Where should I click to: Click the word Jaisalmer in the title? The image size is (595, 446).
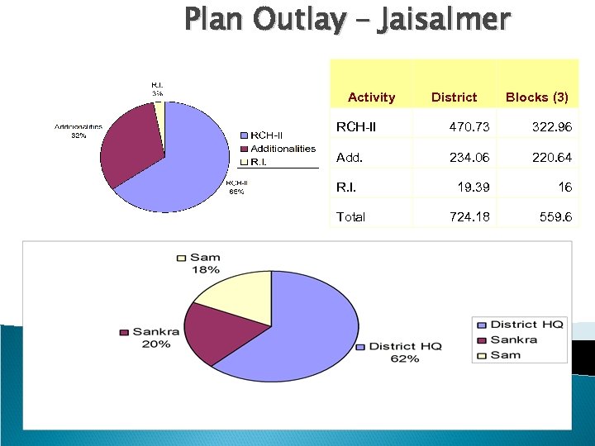[444, 18]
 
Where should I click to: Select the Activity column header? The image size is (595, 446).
[371, 97]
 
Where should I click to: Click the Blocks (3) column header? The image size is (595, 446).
[536, 97]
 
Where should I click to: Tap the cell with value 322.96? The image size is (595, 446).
[550, 127]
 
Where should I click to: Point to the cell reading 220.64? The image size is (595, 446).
[550, 157]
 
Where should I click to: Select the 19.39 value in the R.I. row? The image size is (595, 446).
[473, 187]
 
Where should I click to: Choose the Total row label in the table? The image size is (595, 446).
[350, 217]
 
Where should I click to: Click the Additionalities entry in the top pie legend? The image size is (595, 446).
[282, 149]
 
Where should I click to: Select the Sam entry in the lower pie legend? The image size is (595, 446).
[505, 354]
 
